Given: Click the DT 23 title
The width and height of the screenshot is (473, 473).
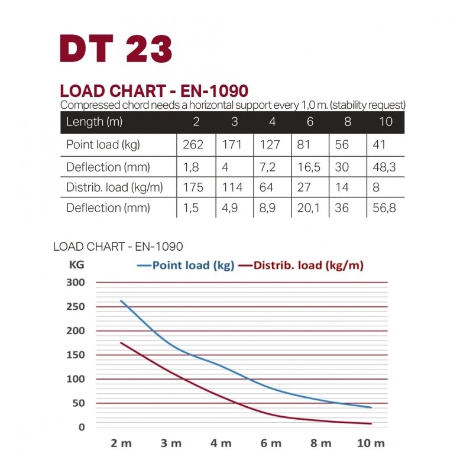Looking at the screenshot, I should pos(116,48).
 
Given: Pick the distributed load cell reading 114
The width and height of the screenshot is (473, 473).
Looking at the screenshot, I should pos(232,187).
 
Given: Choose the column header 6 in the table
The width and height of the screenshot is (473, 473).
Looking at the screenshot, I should pos(309,123).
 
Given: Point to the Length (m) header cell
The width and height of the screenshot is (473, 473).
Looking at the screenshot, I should pos(95,123).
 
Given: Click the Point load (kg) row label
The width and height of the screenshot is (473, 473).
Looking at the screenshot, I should pos(103,145).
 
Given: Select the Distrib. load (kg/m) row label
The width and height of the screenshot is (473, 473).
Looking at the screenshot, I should pos(114,187).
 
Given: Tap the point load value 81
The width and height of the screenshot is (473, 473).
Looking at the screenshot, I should pos(306,145).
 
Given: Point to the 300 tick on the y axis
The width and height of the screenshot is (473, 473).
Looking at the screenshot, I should pos(78,283).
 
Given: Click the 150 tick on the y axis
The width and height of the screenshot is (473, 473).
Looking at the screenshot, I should pos(78,355).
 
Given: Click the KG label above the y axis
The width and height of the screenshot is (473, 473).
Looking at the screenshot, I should pos(77,265).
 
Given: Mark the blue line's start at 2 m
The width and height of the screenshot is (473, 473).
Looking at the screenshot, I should pos(121,301).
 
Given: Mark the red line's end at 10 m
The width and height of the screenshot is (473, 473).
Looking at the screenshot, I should pos(371,423).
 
